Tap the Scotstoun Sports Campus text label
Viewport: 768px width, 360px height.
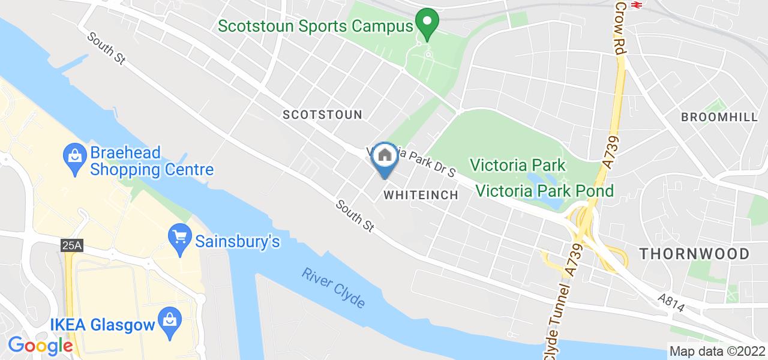[x=316, y=26]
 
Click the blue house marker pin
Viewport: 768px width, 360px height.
[x=384, y=158]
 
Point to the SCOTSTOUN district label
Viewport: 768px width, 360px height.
[x=322, y=115]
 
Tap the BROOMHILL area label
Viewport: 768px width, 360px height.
[x=719, y=118]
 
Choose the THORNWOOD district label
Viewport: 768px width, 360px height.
[x=694, y=254]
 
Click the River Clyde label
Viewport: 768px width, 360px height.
[x=334, y=288]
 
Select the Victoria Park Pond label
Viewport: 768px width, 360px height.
[x=545, y=191]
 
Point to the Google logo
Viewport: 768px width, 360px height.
[x=40, y=346]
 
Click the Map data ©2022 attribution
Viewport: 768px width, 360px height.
[x=716, y=352]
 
